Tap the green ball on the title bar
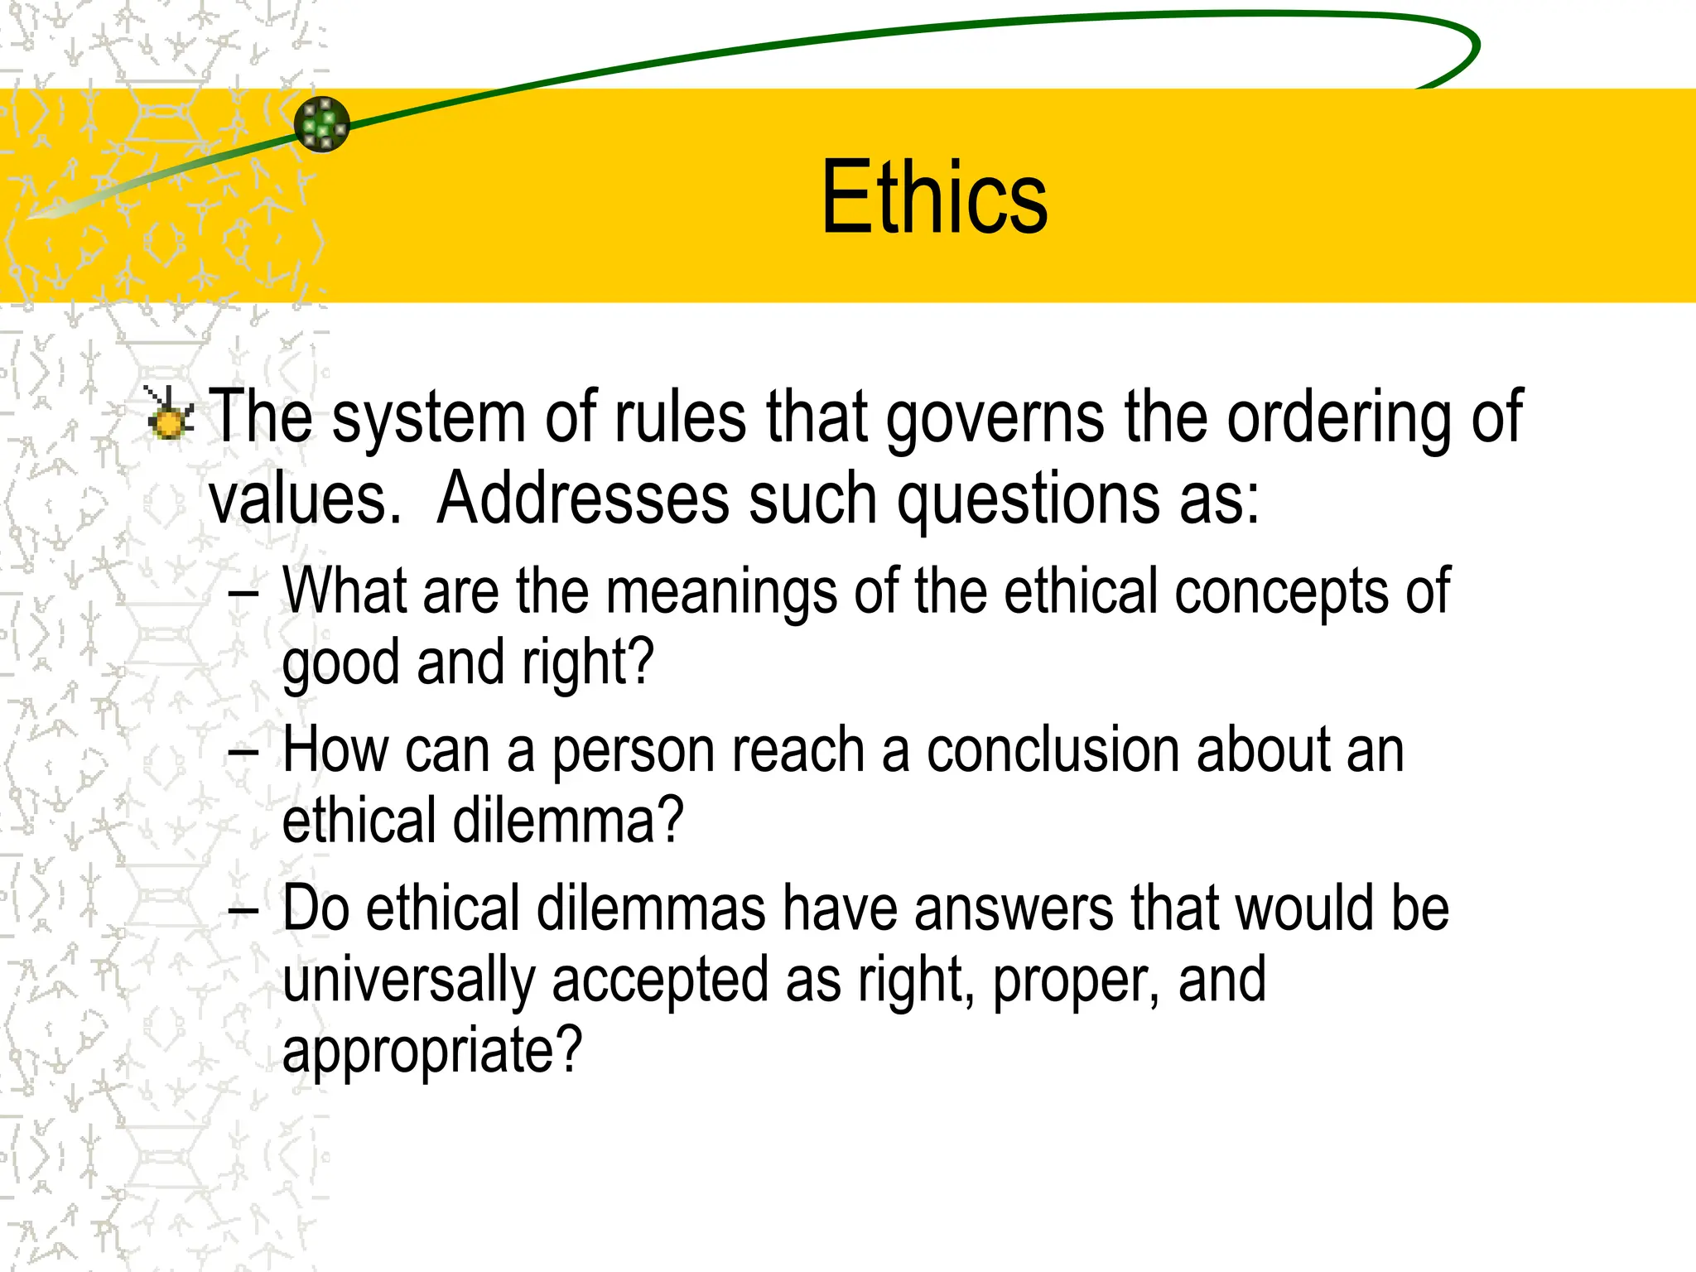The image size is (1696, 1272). click(x=322, y=124)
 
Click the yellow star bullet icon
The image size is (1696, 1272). click(x=170, y=414)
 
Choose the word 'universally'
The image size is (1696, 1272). click(x=409, y=980)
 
